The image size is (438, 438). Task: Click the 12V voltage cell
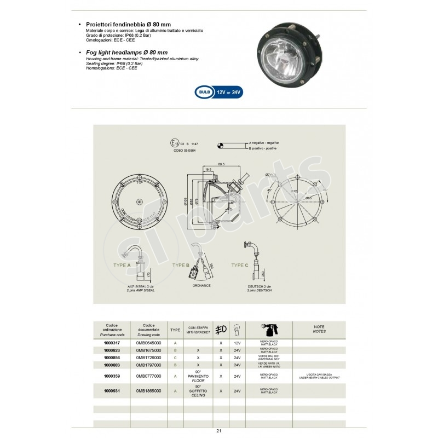[237, 342]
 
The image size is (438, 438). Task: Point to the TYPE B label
[180, 265]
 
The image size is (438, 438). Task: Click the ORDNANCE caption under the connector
[201, 285]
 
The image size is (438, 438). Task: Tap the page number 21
[218, 431]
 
